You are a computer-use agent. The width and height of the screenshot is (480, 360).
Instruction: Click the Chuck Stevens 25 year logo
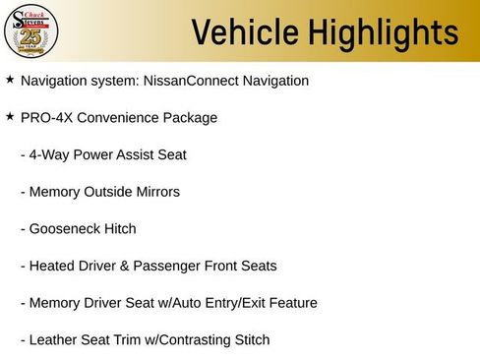(x=32, y=32)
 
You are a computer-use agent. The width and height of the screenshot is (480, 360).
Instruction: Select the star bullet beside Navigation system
(x=10, y=79)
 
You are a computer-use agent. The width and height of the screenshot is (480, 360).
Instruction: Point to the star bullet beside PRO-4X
(x=10, y=116)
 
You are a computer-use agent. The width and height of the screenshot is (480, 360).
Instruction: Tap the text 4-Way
(x=49, y=154)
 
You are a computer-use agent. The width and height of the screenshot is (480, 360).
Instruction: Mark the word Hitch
(x=118, y=229)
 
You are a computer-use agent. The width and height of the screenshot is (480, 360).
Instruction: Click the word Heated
(x=51, y=266)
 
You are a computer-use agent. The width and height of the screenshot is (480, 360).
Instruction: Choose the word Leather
(x=53, y=340)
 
